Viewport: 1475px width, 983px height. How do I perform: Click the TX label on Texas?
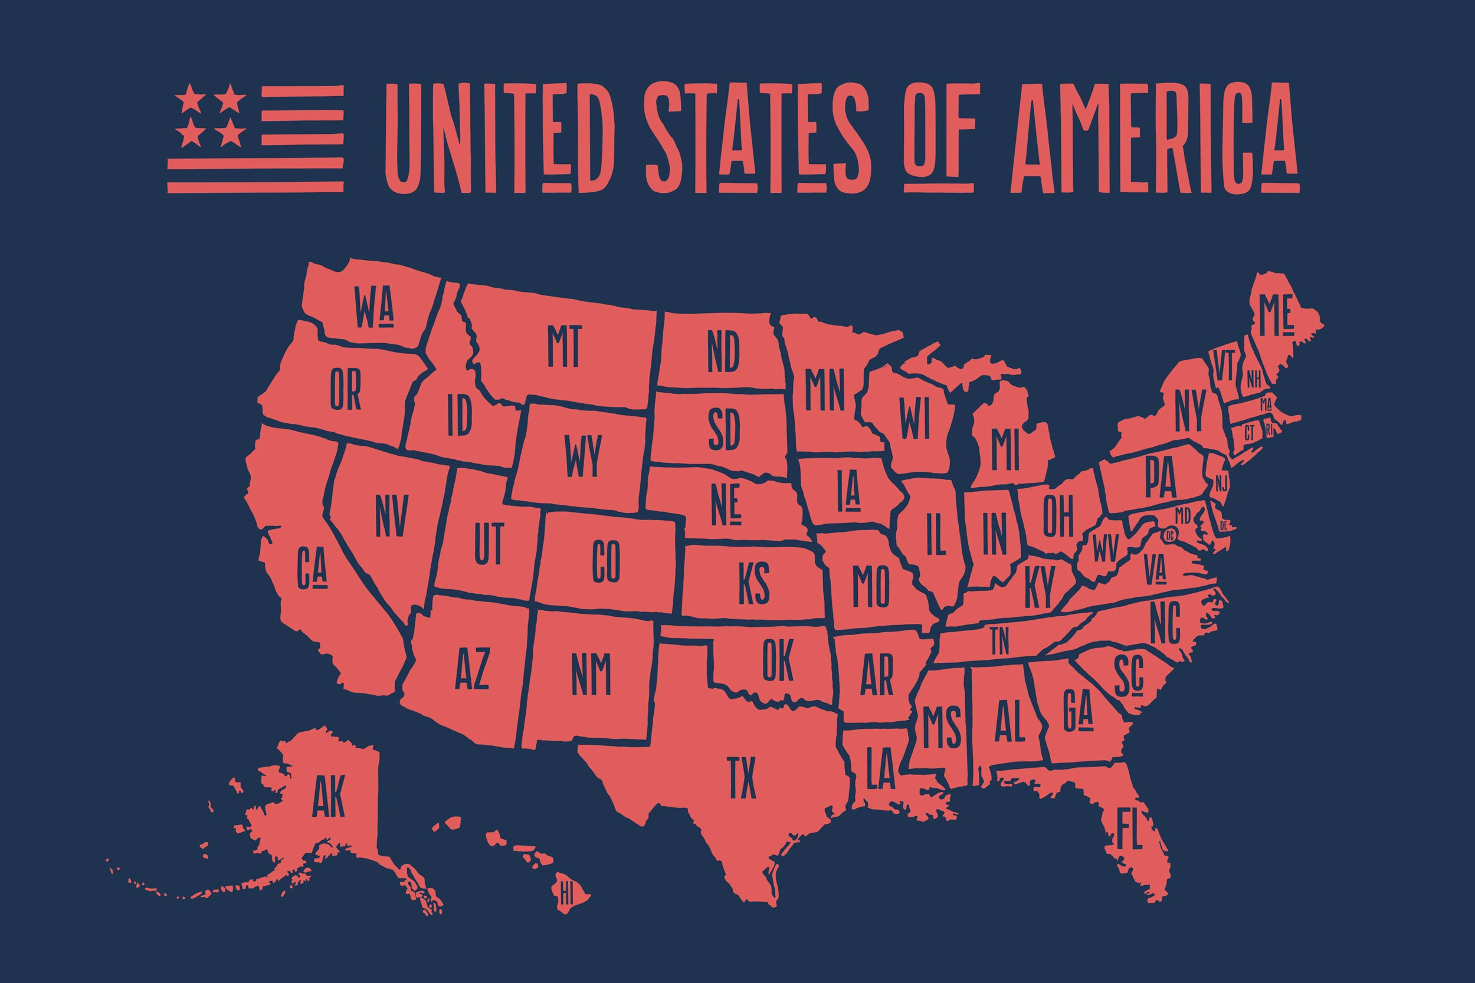742,778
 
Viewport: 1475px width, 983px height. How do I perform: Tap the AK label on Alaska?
329,796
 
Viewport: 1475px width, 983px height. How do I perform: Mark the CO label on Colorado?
606,561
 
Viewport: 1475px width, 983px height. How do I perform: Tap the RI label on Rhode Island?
1270,430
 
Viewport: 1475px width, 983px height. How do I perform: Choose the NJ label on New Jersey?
1220,484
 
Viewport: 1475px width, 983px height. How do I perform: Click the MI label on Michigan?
1006,449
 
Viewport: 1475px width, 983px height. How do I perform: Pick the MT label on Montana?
564,346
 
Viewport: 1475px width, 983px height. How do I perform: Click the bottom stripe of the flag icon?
255,186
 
